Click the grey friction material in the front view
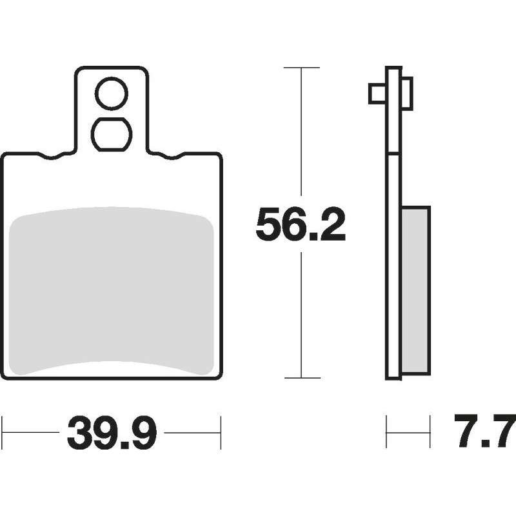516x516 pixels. click(x=111, y=291)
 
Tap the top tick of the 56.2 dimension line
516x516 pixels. click(x=301, y=68)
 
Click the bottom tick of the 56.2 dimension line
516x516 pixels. click(x=302, y=378)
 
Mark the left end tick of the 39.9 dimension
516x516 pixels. click(x=3, y=433)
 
